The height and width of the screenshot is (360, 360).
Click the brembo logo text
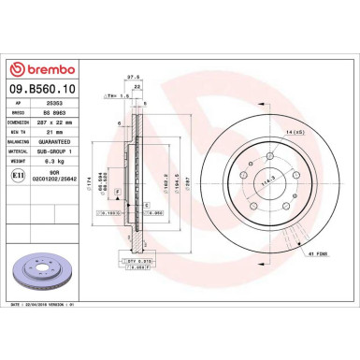coord(46,68)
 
